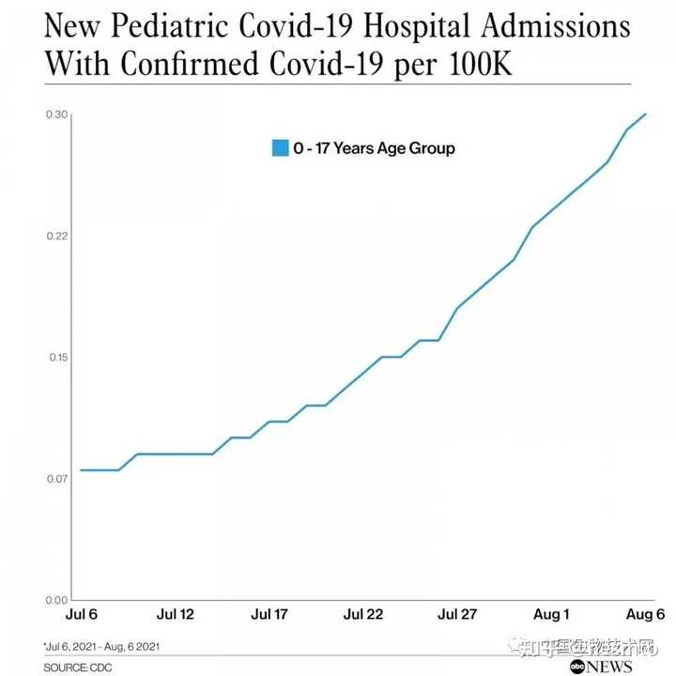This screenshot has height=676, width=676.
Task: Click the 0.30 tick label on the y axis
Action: [x=56, y=115]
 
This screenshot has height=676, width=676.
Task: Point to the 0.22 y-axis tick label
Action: [x=56, y=236]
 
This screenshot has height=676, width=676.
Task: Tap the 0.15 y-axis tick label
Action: [x=56, y=358]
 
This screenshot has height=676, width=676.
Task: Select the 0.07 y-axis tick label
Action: [x=56, y=479]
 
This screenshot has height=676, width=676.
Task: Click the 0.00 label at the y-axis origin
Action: [x=56, y=600]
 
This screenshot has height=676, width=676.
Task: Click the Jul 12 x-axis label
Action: [x=176, y=615]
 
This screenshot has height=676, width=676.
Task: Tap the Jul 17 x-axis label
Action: [x=269, y=615]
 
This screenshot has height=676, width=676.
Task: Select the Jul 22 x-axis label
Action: [x=363, y=615]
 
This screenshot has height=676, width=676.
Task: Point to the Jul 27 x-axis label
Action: [x=458, y=615]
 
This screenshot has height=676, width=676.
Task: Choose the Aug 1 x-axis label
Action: [x=552, y=615]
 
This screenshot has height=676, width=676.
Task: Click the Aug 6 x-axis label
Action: [x=646, y=615]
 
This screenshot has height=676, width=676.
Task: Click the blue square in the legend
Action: [x=279, y=147]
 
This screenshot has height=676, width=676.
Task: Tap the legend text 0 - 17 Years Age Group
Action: [x=374, y=148]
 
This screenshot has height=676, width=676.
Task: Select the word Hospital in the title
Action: [x=417, y=26]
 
